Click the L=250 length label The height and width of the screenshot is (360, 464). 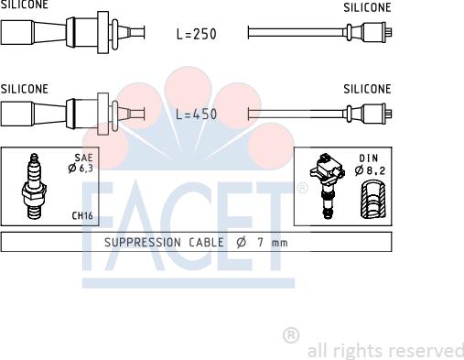point(197,34)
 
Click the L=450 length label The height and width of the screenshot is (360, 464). point(197,115)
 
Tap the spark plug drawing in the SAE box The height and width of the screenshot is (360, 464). point(34,186)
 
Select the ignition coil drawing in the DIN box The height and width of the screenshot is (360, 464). point(327,186)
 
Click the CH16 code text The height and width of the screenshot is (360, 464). point(82,215)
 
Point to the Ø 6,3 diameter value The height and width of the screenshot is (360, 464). point(81,168)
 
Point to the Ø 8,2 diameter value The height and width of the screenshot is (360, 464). point(370,170)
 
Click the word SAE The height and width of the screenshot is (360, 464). point(83,158)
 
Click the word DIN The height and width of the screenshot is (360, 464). point(369,158)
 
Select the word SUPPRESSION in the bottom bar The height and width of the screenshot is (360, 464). point(143,243)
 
